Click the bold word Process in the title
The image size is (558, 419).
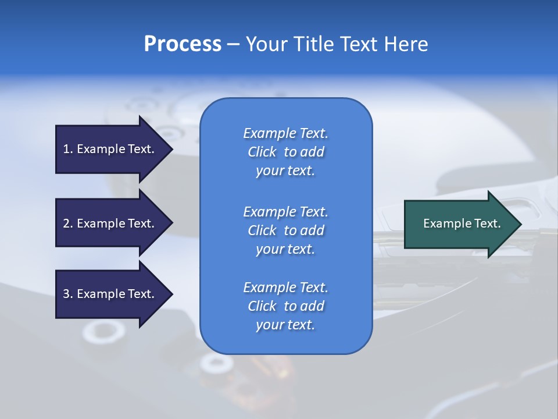[183, 44]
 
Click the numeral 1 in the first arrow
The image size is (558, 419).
[66, 149]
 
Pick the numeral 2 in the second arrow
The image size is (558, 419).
[67, 223]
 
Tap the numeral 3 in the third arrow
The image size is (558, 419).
[67, 294]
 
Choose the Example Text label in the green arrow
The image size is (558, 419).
[462, 223]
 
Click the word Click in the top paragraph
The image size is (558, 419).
[262, 152]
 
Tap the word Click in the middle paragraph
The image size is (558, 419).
[262, 230]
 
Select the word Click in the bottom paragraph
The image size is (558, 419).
[262, 306]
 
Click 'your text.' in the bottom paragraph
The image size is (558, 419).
[285, 325]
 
